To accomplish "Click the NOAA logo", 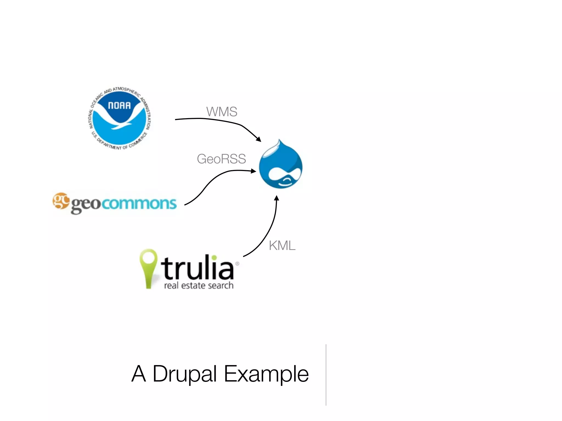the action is pyautogui.click(x=119, y=118).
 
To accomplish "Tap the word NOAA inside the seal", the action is pyautogui.click(x=119, y=106).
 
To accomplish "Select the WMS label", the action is pyautogui.click(x=222, y=112).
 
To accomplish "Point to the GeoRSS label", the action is pyautogui.click(x=221, y=159).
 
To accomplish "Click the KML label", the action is pyautogui.click(x=282, y=246).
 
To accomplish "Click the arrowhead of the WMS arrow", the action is pyautogui.click(x=258, y=139).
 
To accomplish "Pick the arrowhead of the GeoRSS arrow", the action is pyautogui.click(x=254, y=171).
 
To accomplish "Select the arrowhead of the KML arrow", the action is pyautogui.click(x=277, y=198).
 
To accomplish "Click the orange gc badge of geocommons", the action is pyautogui.click(x=61, y=201).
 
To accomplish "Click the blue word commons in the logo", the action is pyautogui.click(x=139, y=203).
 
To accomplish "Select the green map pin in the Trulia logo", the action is pyautogui.click(x=148, y=267).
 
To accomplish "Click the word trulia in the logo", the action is pyautogui.click(x=198, y=267).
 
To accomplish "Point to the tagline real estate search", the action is pyautogui.click(x=199, y=286).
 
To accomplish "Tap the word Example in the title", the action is pyautogui.click(x=266, y=374).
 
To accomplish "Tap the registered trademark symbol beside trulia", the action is pyautogui.click(x=237, y=264).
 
